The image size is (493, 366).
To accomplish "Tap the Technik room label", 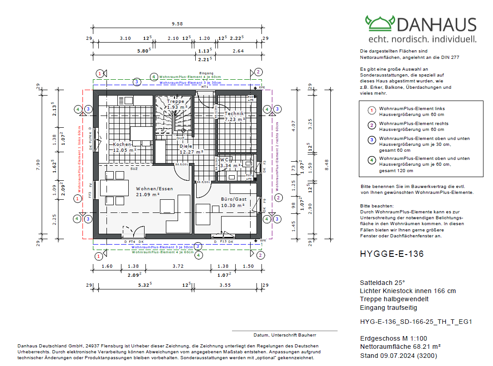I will coord(234,114).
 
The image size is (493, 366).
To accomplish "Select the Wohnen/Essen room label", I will coord(155,188).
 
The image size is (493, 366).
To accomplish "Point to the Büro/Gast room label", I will coord(233,199).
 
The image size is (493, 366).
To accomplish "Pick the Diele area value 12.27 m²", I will coord(191,152).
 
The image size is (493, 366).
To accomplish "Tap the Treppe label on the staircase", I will coord(175,101).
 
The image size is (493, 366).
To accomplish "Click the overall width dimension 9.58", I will coord(177,24).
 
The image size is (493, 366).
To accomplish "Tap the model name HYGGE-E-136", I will coord(391,254).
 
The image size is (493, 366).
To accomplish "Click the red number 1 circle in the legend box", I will coord(371,110).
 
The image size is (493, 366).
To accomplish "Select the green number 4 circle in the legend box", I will coord(371,160).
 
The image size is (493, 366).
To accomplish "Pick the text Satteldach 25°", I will coord(382,282).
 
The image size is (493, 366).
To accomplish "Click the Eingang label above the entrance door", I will coord(206,73).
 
